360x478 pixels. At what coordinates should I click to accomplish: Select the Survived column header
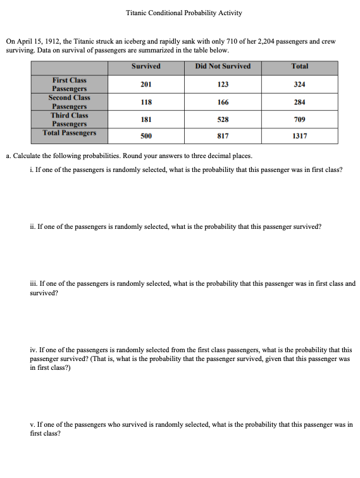point(146,66)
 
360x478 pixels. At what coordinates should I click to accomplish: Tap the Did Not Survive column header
point(223,66)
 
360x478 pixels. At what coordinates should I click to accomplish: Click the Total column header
point(299,66)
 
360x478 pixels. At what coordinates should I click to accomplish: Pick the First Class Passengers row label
point(70,85)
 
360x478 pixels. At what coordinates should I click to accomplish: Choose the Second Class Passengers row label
point(70,102)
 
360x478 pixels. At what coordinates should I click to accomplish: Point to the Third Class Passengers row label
point(70,120)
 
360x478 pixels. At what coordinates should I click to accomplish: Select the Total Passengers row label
point(70,133)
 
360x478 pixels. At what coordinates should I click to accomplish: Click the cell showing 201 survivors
point(146,84)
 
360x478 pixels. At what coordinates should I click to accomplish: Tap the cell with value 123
point(223,84)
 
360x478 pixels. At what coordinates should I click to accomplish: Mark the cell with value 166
point(223,102)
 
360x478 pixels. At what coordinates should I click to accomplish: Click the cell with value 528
point(223,119)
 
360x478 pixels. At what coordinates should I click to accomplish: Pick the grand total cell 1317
point(299,135)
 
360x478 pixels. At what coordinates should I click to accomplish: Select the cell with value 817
point(223,135)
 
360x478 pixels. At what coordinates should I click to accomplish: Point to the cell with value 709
point(299,119)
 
